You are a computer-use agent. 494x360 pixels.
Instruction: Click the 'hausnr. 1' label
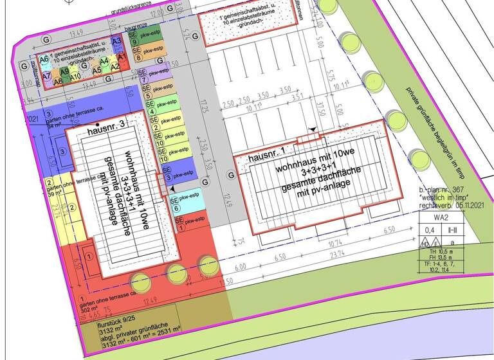click(264, 155)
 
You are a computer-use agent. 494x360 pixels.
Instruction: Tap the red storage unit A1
click(114, 66)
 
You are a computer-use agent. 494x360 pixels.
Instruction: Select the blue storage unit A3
click(117, 42)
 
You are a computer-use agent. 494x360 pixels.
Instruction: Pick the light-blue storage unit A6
click(44, 59)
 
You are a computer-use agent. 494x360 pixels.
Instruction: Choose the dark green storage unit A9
click(65, 71)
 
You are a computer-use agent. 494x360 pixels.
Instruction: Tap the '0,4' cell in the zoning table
click(427, 230)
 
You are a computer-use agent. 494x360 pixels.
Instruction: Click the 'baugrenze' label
click(137, 28)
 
